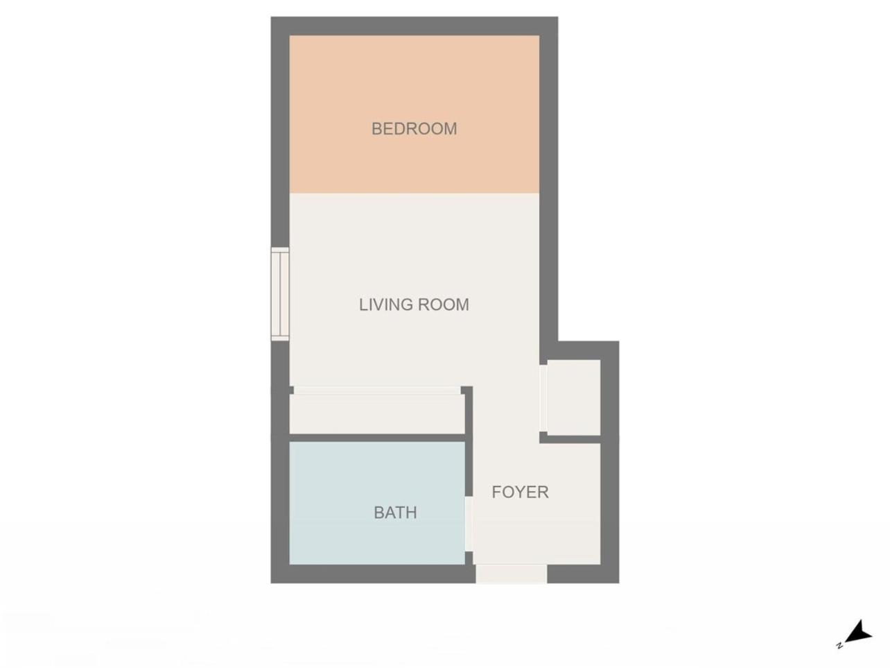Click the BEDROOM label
414,129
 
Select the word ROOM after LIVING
443,305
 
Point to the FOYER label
521,492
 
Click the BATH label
395,513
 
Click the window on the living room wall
280,294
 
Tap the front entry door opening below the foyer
512,574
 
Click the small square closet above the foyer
573,397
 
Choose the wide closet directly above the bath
377,413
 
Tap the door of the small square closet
543,398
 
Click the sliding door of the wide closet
377,390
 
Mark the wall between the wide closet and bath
377,438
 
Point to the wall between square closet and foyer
570,439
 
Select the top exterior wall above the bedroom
415,26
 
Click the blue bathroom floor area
377,503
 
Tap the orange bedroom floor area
414,114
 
